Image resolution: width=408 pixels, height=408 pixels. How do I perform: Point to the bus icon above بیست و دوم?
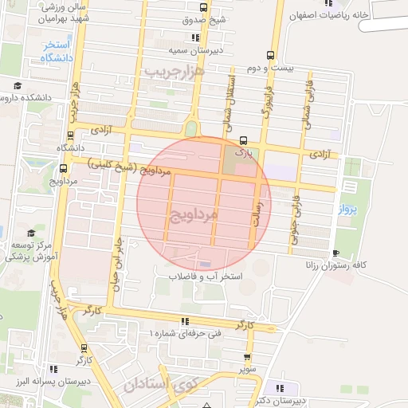[271, 56]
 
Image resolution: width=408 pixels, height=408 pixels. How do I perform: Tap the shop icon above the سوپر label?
[247, 357]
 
